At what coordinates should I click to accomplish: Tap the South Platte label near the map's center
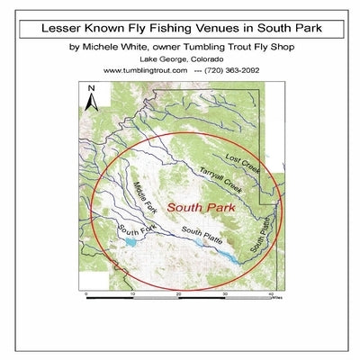(202, 237)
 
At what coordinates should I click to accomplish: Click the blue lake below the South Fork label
(131, 243)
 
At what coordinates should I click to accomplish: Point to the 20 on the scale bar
(179, 294)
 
